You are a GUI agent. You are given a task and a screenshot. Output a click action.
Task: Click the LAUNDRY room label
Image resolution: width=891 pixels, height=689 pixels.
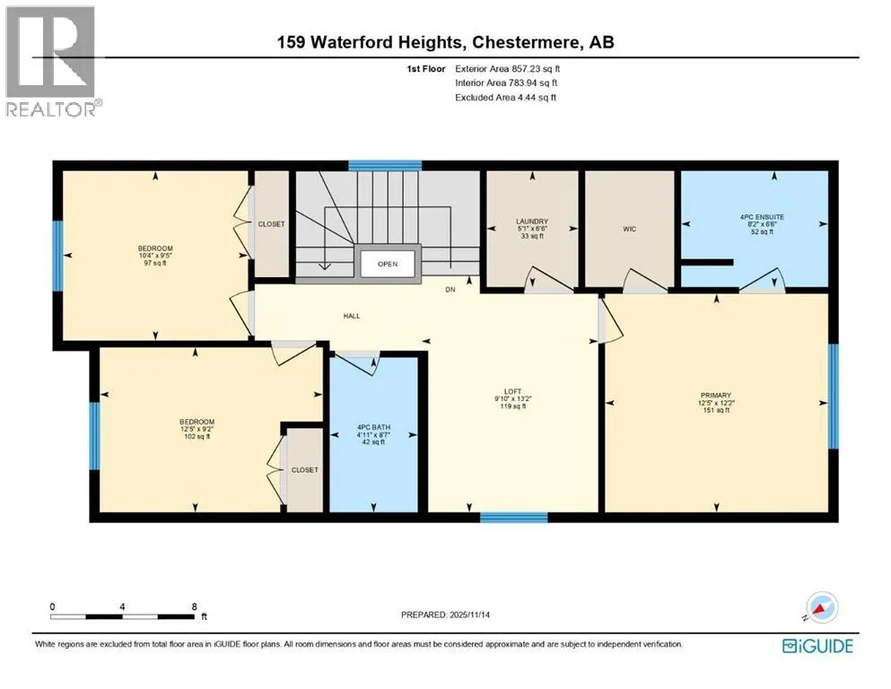532,222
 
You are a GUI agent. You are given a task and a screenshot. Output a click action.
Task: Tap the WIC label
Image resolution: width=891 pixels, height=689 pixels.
629,229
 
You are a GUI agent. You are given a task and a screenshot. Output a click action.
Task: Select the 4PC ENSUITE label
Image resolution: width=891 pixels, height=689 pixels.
762,217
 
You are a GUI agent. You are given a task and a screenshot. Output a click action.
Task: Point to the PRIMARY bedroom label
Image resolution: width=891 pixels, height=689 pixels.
715,396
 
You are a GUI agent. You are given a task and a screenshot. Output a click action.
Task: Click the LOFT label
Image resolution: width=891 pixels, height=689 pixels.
512,391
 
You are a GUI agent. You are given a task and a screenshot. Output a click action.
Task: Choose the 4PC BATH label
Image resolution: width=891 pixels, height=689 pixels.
373,427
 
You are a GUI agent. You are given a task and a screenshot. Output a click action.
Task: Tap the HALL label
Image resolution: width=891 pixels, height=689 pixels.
352,316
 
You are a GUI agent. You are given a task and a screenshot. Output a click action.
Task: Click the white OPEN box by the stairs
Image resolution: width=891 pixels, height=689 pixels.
388,264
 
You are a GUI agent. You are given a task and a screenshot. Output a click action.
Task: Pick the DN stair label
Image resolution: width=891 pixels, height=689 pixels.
450,290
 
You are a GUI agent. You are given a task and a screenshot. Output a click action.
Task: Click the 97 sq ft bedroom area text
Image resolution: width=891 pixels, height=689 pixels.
155,263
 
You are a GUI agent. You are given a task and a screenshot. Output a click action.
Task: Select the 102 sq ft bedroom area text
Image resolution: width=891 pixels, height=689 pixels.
197,436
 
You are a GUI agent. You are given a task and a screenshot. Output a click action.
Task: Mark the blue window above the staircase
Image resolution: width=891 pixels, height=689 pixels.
385,165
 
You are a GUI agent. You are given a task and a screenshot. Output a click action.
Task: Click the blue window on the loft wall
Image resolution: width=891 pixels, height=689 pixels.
513,517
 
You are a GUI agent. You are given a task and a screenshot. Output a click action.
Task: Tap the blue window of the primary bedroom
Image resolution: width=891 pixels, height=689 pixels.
833,397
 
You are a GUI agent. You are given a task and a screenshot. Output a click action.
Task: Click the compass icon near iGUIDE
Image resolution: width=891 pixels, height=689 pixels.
820,608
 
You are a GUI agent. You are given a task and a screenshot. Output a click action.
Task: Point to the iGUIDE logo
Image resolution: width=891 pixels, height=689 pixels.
817,647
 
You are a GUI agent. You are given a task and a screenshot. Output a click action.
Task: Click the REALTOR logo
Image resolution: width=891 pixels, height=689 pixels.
52,61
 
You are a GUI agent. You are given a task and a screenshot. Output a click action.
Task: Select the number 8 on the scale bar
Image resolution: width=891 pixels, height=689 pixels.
195,606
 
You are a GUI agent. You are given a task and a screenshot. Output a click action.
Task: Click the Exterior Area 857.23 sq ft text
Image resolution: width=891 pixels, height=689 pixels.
508,69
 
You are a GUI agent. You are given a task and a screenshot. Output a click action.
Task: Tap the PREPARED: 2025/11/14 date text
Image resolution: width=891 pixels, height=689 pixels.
445,615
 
